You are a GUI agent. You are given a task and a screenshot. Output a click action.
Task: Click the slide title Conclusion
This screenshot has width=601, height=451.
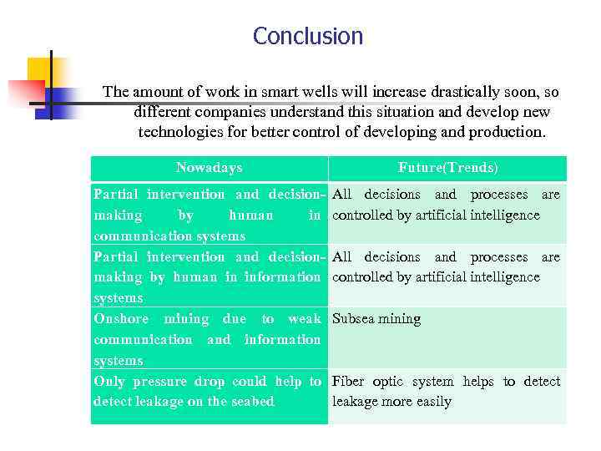pyautogui.click(x=308, y=37)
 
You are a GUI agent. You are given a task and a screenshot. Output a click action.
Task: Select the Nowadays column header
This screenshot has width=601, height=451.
pyautogui.click(x=209, y=168)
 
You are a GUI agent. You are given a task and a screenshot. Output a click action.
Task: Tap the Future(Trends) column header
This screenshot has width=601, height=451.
pyautogui.click(x=447, y=168)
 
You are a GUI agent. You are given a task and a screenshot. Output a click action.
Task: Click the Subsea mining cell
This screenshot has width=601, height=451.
pyautogui.click(x=376, y=319)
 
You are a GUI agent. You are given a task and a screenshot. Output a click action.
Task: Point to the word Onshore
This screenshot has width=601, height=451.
pyautogui.click(x=121, y=319)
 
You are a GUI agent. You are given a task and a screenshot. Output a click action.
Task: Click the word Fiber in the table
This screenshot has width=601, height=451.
pyautogui.click(x=348, y=382)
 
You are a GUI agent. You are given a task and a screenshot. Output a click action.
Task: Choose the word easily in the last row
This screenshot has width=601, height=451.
pyautogui.click(x=432, y=402)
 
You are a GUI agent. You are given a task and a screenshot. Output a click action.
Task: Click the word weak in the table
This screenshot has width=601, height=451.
pyautogui.click(x=305, y=319)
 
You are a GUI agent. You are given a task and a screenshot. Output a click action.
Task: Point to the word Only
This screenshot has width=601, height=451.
pyautogui.click(x=109, y=382)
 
